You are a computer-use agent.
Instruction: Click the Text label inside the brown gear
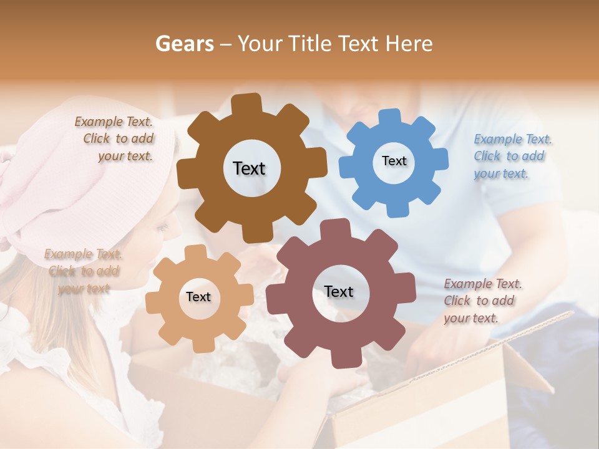(x=249, y=168)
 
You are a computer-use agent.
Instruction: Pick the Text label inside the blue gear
(x=394, y=161)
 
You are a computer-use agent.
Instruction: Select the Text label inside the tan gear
(x=198, y=297)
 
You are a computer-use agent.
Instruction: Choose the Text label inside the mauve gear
(x=339, y=291)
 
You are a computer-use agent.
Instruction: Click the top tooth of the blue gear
(x=390, y=118)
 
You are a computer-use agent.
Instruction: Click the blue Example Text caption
(x=512, y=156)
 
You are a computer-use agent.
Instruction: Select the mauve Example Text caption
(x=482, y=301)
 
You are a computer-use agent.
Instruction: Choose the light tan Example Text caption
(x=83, y=271)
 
